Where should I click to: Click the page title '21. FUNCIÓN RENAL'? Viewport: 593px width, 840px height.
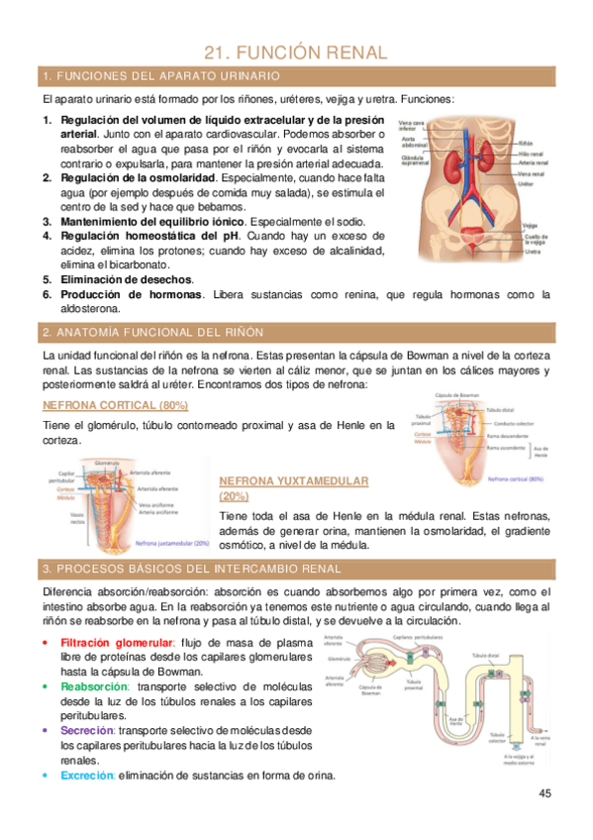coord(296,52)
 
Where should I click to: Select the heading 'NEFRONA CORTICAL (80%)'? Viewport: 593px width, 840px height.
coord(130,406)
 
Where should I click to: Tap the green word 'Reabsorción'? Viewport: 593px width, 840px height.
coord(94,686)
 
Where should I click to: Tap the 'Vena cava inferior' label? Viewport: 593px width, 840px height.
coord(411,126)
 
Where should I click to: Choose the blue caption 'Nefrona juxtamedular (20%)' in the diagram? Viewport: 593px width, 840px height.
coord(171,543)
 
